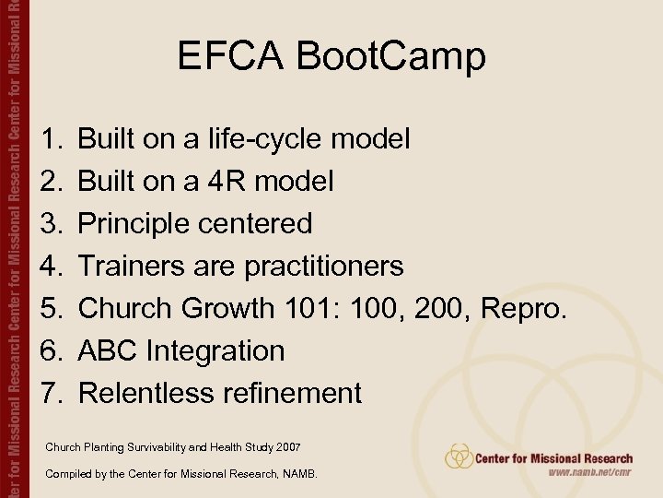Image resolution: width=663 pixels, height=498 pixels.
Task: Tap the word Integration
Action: click(x=215, y=351)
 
